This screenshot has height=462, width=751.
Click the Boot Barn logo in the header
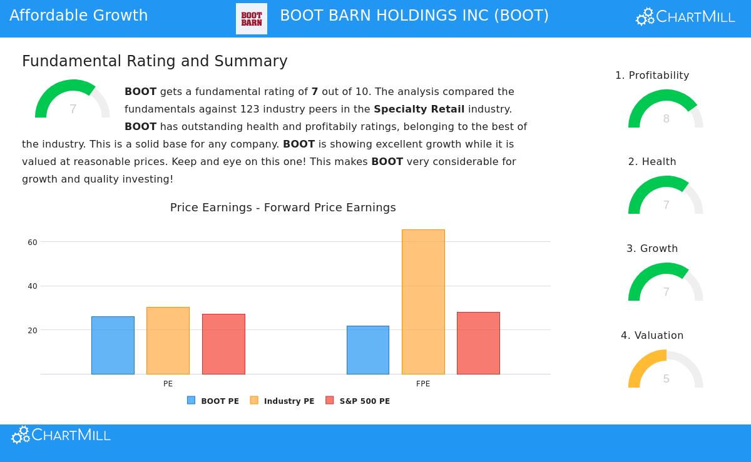(252, 19)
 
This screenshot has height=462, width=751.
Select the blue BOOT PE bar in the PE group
(113, 345)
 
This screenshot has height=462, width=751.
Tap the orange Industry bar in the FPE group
(423, 302)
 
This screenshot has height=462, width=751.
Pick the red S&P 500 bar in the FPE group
(478, 343)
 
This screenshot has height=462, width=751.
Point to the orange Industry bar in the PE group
(168, 341)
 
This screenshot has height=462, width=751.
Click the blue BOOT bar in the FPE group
(368, 350)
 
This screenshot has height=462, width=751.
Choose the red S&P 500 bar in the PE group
(223, 344)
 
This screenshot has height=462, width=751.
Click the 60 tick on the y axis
(33, 242)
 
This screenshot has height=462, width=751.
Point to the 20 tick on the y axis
(33, 330)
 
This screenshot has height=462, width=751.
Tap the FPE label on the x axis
(423, 384)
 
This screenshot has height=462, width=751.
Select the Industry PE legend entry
(282, 401)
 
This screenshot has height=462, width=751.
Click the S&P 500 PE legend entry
(358, 401)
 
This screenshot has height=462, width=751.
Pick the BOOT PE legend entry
(213, 401)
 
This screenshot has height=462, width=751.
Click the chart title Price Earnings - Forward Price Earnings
(283, 208)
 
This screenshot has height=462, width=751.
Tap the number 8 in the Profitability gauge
(666, 119)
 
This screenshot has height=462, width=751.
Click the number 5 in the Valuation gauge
(666, 379)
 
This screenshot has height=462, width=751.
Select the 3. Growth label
(652, 248)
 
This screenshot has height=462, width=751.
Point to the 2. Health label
(652, 161)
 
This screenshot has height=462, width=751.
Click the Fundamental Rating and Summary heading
(155, 61)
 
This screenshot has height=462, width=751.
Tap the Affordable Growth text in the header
(79, 16)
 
